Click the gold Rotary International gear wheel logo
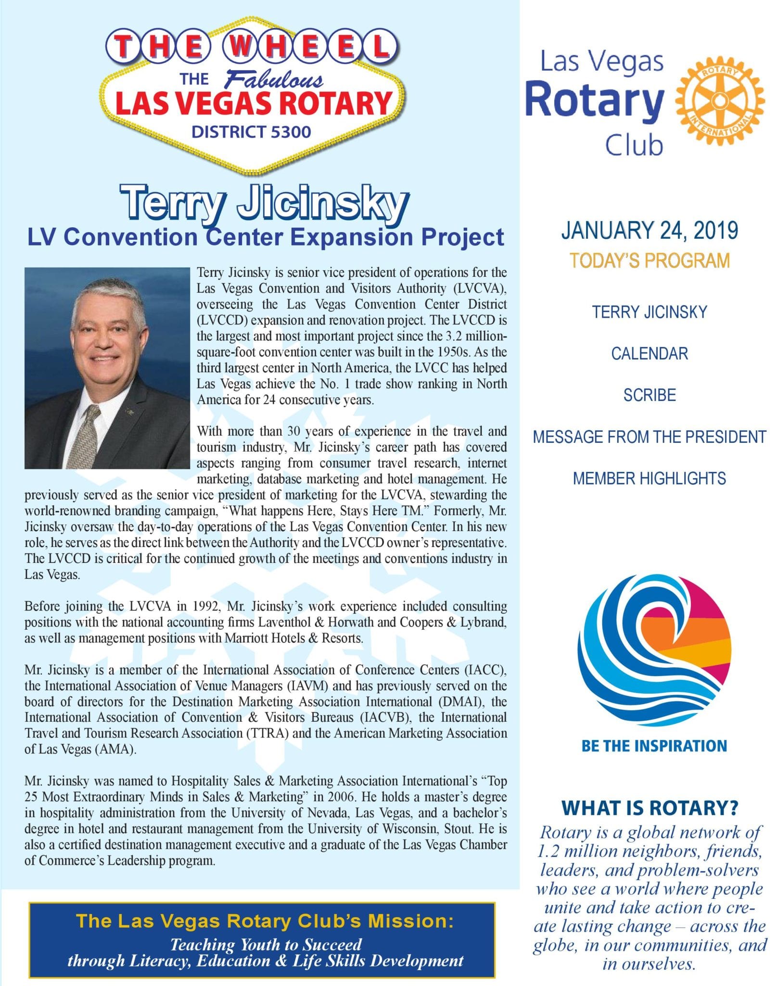[x=720, y=101]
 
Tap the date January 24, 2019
[x=650, y=230]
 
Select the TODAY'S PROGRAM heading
[x=650, y=260]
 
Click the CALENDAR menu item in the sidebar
[x=650, y=354]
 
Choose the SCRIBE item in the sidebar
[x=650, y=395]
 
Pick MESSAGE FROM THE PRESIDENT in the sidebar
[x=650, y=437]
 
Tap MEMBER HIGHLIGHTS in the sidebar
[x=650, y=479]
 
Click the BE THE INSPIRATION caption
[x=654, y=746]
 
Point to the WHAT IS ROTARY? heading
[x=650, y=808]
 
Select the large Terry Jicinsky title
[x=264, y=203]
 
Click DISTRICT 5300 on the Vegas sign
[x=251, y=131]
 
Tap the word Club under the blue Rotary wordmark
[x=634, y=145]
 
